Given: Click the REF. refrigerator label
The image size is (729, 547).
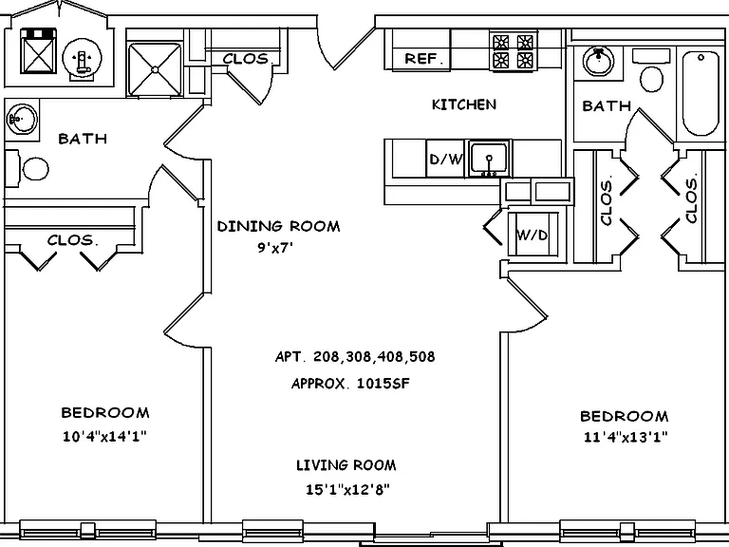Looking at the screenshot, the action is (421, 59).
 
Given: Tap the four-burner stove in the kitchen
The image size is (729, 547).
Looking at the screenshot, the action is (513, 50).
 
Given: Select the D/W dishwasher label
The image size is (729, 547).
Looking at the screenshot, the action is (446, 160).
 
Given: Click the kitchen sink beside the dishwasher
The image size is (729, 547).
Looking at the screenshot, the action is (489, 159).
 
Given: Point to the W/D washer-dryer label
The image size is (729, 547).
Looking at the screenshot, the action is (532, 236).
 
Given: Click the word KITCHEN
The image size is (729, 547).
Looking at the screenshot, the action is (464, 104).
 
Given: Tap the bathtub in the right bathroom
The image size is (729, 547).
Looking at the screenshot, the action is (701, 93).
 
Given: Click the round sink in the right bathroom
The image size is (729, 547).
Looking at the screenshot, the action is (598, 61).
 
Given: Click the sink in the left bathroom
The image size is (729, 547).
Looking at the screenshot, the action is (21, 119).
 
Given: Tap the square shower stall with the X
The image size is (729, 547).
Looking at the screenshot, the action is (155, 69).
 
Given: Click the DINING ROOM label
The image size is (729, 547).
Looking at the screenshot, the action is (278, 227).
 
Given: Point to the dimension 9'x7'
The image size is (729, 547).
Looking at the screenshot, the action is (275, 248).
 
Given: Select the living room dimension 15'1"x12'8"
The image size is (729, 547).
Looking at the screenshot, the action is (347, 489).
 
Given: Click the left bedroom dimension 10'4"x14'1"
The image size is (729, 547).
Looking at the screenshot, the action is (104, 436).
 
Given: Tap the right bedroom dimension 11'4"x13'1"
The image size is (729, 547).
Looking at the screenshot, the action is (626, 437).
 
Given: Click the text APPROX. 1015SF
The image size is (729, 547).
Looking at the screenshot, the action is (350, 384).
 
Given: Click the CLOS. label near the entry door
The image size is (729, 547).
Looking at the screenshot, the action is (246, 59).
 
